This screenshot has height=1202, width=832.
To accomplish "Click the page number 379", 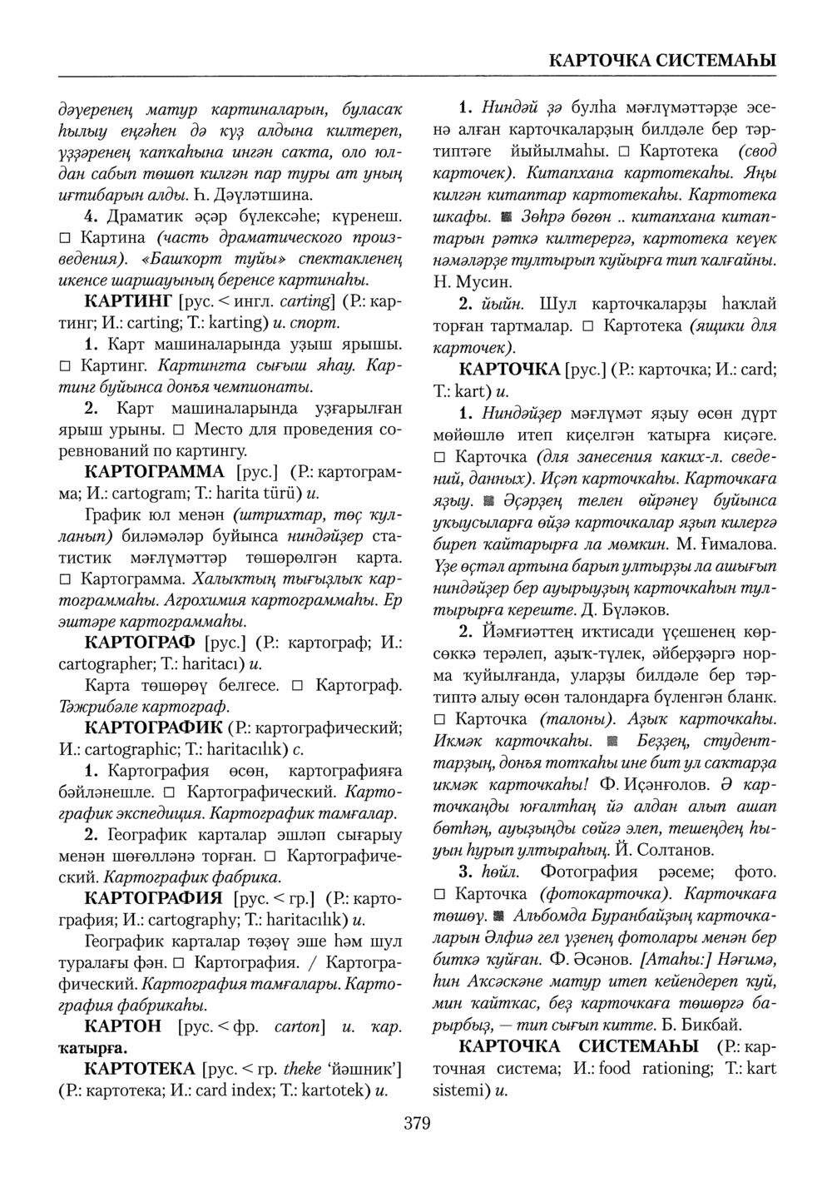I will point(417,1125).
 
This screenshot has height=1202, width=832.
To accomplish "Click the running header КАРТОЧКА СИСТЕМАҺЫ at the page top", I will point(663,61).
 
